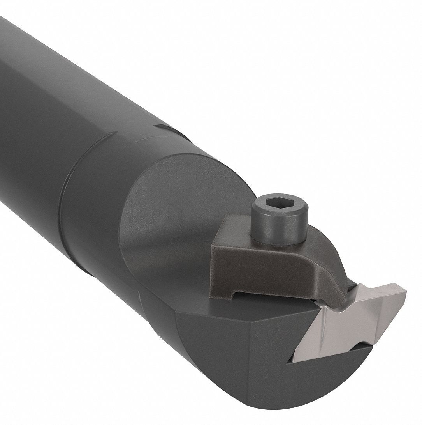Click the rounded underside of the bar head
234,394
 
